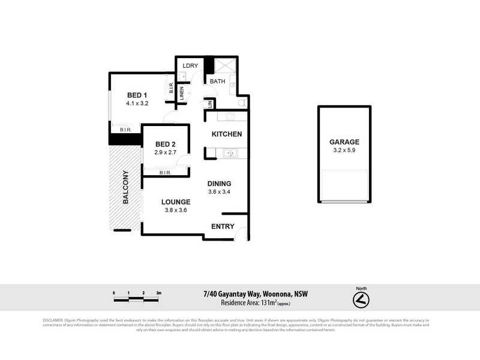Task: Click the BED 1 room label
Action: pos(137,95)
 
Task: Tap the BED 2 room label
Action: pos(165,144)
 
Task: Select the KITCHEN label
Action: pos(226,134)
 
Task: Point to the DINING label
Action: pos(219,184)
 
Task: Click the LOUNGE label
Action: pos(176,202)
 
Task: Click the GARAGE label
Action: pos(344,142)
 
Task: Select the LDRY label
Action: pos(190,65)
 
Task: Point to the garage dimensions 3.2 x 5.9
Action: pos(344,151)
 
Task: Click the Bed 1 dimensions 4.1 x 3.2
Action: pos(137,103)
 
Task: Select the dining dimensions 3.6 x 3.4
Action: pos(219,192)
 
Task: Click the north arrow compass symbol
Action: pos(361,299)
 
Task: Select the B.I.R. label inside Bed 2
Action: pos(166,173)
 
